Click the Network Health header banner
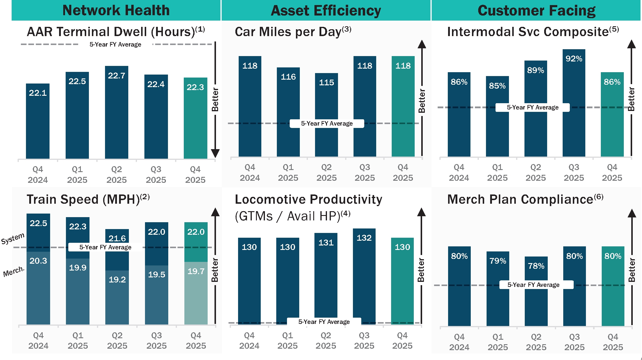click(x=116, y=10)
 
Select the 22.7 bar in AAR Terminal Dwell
click(x=116, y=113)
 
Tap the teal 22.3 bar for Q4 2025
click(x=195, y=119)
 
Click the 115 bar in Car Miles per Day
click(x=326, y=116)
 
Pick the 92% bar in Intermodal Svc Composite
click(x=574, y=104)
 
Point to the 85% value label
click(x=497, y=86)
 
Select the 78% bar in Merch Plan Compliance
click(x=536, y=292)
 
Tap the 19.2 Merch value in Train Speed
click(x=117, y=280)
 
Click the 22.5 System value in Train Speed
click(x=38, y=223)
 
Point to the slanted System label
click(x=13, y=239)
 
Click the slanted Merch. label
click(x=14, y=271)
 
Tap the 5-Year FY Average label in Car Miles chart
click(x=327, y=123)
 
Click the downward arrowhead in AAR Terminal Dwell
click(x=215, y=153)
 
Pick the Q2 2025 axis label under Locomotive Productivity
click(x=326, y=341)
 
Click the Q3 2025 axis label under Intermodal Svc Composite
click(x=574, y=173)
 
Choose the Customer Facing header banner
click(x=536, y=10)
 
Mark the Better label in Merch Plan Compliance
click(x=632, y=270)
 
